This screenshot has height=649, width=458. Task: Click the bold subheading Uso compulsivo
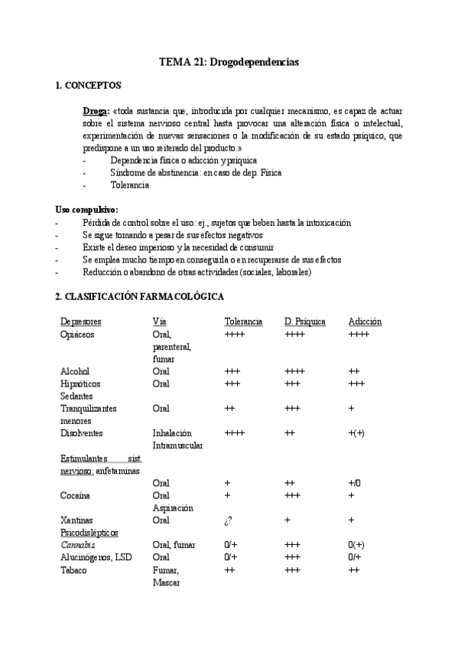click(x=87, y=210)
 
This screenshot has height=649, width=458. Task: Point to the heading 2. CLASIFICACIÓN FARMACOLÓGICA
click(x=140, y=295)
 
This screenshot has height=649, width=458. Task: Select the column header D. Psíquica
click(x=305, y=321)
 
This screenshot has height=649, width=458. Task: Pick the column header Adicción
click(x=365, y=321)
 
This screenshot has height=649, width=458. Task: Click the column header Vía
click(x=159, y=321)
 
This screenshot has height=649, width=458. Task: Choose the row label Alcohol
click(x=75, y=371)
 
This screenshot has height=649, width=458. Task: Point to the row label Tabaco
click(x=74, y=569)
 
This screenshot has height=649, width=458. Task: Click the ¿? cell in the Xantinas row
click(x=228, y=520)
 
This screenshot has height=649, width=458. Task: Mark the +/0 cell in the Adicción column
click(x=354, y=483)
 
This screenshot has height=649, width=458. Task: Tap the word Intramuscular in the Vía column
click(x=178, y=445)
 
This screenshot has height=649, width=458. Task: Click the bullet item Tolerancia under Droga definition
click(x=130, y=184)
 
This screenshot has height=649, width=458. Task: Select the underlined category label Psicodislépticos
click(x=90, y=533)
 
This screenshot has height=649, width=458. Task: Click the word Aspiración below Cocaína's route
click(x=173, y=507)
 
